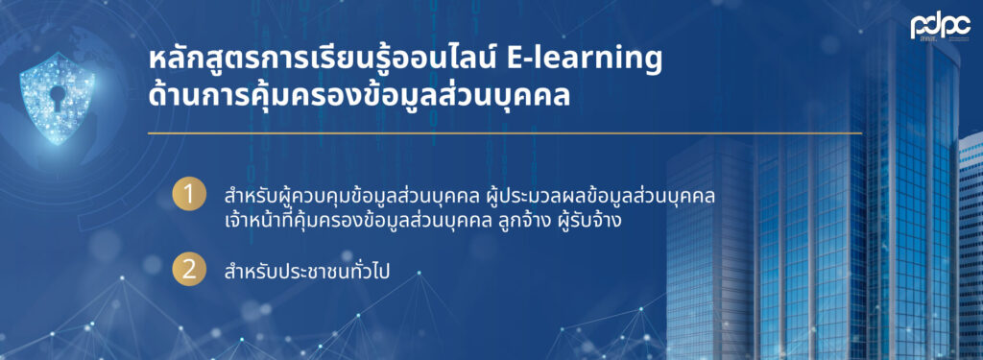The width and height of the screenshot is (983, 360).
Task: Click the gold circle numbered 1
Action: coord(189,195)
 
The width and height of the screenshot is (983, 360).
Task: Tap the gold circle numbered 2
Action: coord(189,270)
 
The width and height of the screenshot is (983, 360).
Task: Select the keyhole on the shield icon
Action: coord(57,95)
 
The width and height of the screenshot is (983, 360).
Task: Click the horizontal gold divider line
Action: coord(505,133)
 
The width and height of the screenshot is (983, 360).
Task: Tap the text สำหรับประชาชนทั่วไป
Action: coord(312,272)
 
